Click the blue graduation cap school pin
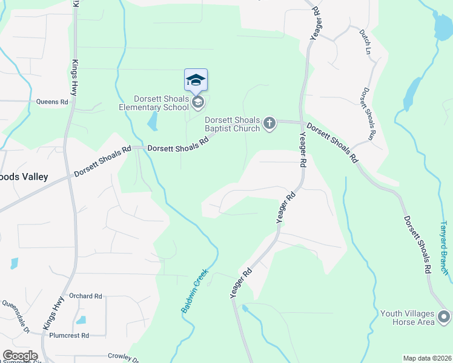point(196,80)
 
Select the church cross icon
point(270,124)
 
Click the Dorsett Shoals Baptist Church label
point(233,124)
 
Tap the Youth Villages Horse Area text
point(408,318)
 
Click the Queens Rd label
point(52,102)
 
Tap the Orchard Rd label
point(85,296)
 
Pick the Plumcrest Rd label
point(69,335)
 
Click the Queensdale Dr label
point(16,317)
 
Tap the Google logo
point(19,356)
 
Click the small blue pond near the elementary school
point(153,122)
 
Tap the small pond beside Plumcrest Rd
point(81,319)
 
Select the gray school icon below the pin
point(197,103)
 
